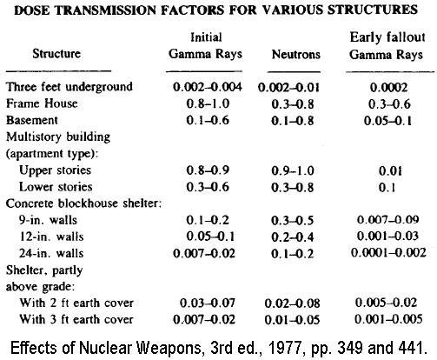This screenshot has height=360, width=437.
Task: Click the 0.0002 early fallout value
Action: coord(376,88)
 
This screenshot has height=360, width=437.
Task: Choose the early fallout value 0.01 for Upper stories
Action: coord(376,170)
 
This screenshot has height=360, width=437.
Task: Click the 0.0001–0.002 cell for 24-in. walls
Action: coord(377,253)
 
